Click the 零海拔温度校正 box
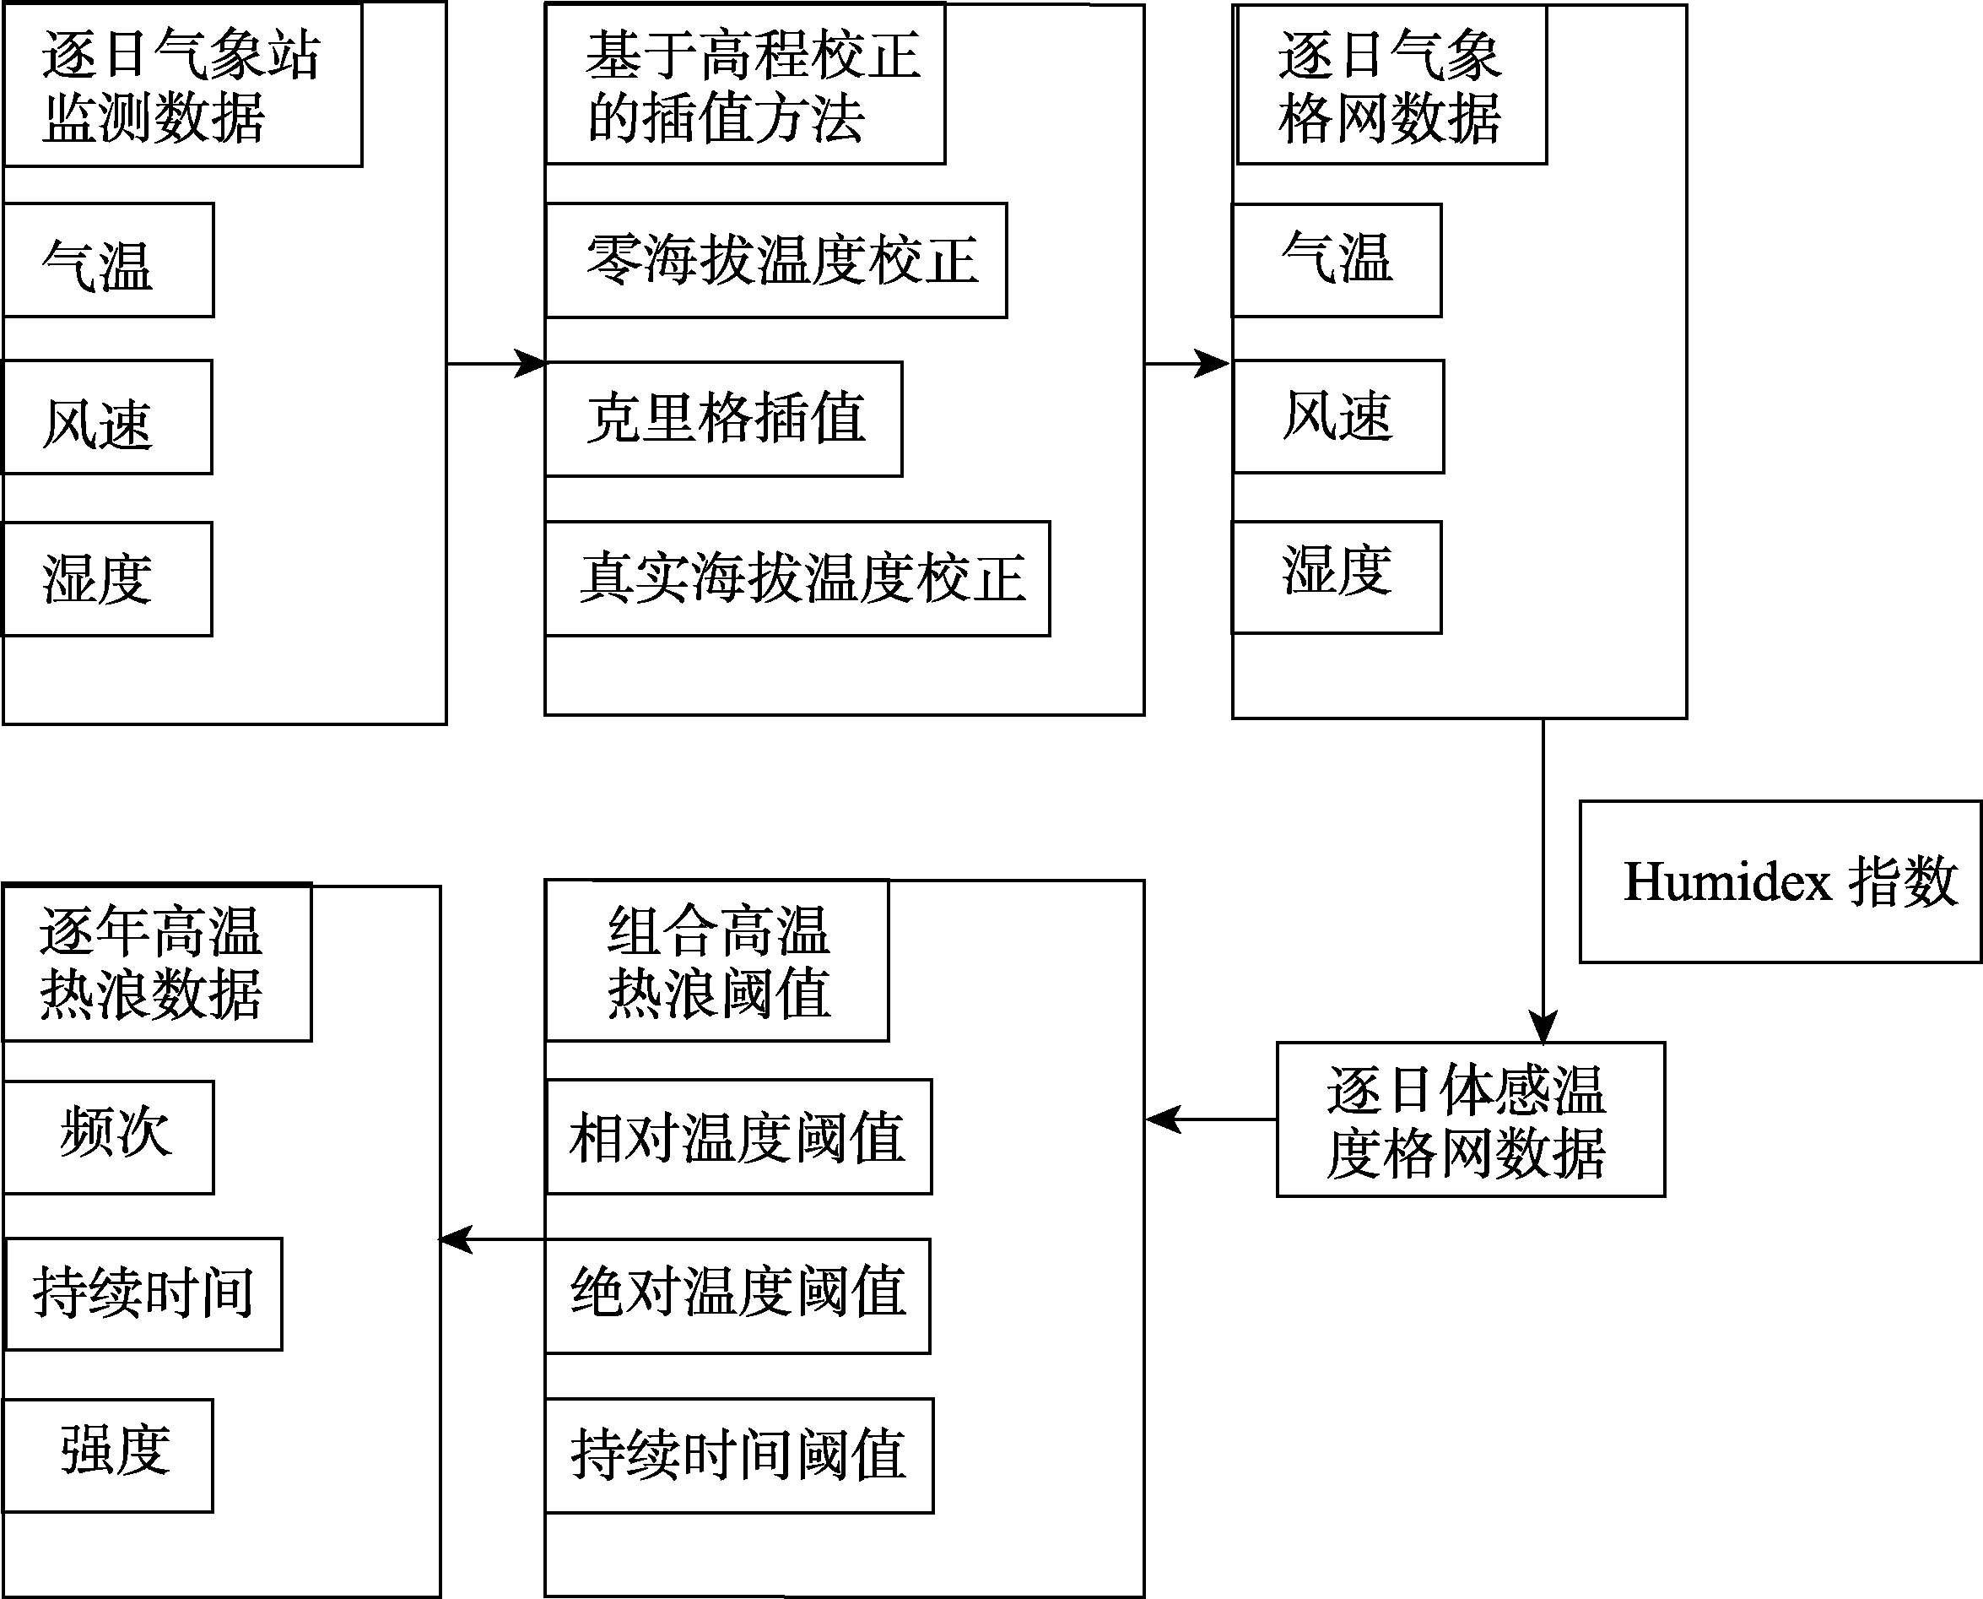776,261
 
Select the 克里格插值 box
724,419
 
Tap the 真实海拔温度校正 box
797,578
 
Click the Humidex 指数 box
1780,881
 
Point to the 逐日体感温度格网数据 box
1470,1119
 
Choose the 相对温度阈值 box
738,1136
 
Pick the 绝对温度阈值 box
738,1296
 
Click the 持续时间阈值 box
739,1455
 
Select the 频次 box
109,1137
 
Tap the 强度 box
108,1455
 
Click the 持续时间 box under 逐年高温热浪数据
143,1294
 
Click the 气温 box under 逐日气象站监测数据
109,260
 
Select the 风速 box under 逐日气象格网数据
1337,416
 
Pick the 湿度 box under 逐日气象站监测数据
107,579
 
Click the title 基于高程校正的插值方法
745,84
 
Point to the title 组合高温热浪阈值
717,961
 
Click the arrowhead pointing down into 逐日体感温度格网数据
1543,1026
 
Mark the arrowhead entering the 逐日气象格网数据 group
1213,364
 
